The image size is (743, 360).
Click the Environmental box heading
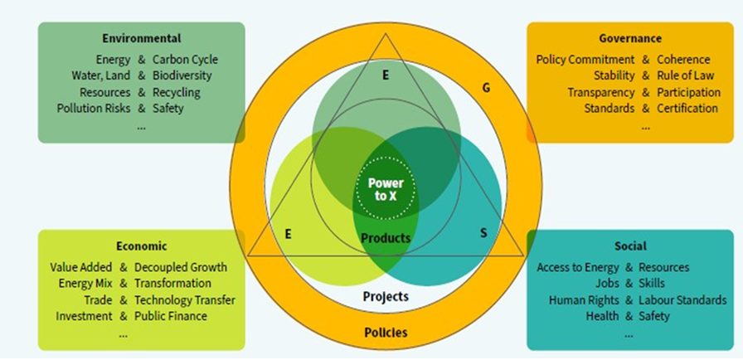(142, 38)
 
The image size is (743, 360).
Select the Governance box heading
(630, 38)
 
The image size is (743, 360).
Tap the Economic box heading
(142, 246)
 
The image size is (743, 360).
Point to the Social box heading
(630, 246)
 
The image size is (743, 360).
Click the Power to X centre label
(386, 189)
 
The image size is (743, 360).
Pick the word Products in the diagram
(386, 239)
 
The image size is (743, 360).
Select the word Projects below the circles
(386, 296)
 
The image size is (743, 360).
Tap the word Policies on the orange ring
(386, 333)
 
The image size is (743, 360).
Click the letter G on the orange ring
(486, 86)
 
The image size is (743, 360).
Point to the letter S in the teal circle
(483, 233)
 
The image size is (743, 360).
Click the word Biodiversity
(182, 75)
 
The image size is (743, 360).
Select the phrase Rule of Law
(685, 75)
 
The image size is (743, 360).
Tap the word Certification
(687, 108)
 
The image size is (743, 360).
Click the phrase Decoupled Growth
(180, 268)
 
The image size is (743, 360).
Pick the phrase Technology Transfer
(184, 299)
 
